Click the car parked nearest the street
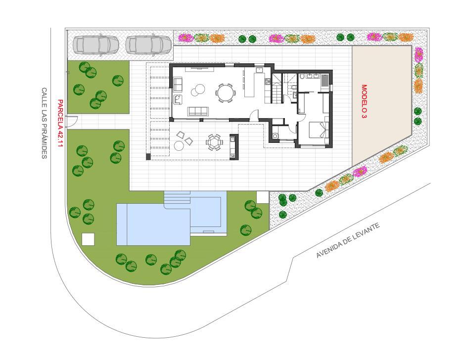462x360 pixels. tap(92, 45)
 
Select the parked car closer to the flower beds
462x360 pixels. tap(148, 45)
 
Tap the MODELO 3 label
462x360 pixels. tap(364, 102)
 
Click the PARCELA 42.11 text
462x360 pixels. tap(60, 123)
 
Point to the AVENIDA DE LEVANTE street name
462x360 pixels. tap(348, 241)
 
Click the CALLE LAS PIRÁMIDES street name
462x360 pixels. tap(44, 123)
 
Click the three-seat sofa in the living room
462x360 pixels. tap(198, 111)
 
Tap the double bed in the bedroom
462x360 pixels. tap(318, 130)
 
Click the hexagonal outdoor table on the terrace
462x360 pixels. tap(213, 142)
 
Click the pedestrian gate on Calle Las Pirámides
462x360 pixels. tap(72, 122)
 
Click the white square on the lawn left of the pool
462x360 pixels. tap(88, 239)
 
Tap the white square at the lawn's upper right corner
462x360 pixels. tap(263, 197)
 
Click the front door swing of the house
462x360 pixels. tap(255, 115)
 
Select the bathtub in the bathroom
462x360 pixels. tap(324, 81)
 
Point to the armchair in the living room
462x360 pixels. tap(178, 99)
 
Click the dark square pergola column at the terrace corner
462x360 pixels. tap(148, 157)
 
